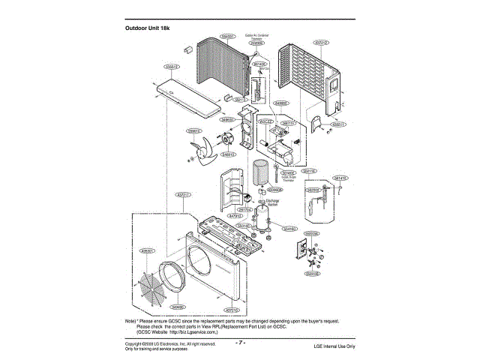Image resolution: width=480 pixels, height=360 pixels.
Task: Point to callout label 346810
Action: coord(229,154)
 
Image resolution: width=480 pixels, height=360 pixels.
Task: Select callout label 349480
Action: coord(178,307)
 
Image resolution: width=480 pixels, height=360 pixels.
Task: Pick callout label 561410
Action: coord(340,178)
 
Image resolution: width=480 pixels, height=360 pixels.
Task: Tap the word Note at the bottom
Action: coord(130,319)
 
